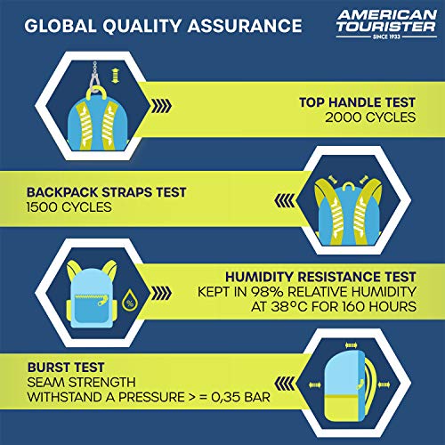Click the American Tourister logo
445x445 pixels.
(386, 24)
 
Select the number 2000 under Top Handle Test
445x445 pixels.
(344, 117)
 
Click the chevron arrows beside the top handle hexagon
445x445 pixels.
(161, 106)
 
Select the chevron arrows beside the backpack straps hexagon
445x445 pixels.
(285, 200)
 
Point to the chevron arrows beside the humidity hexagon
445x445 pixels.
(161, 293)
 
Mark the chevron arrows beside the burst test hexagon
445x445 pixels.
(285, 384)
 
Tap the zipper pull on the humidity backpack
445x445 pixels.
(103, 302)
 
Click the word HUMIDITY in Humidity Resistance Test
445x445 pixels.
(259, 277)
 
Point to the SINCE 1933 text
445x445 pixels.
(386, 36)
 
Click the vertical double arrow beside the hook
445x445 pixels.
(115, 76)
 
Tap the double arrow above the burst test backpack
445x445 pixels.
(352, 345)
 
